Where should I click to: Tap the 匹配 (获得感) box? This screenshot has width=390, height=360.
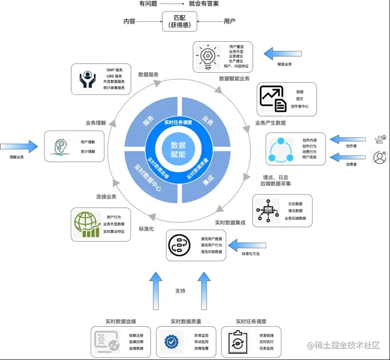click(179, 22)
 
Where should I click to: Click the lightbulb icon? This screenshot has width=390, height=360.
click(207, 57)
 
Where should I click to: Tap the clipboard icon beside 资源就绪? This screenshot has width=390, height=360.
click(237, 341)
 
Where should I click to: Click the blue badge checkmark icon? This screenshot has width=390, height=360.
click(171, 341)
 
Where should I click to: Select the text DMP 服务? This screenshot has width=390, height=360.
click(114, 70)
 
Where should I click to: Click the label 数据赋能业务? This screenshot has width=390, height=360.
click(234, 78)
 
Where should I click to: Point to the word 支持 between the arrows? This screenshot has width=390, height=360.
click(180, 291)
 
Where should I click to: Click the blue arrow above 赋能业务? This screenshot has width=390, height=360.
click(283, 54)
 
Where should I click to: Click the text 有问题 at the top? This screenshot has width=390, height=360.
click(148, 4)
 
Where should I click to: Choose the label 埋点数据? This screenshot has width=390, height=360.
click(295, 211)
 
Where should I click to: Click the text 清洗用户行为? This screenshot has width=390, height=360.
click(211, 245)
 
